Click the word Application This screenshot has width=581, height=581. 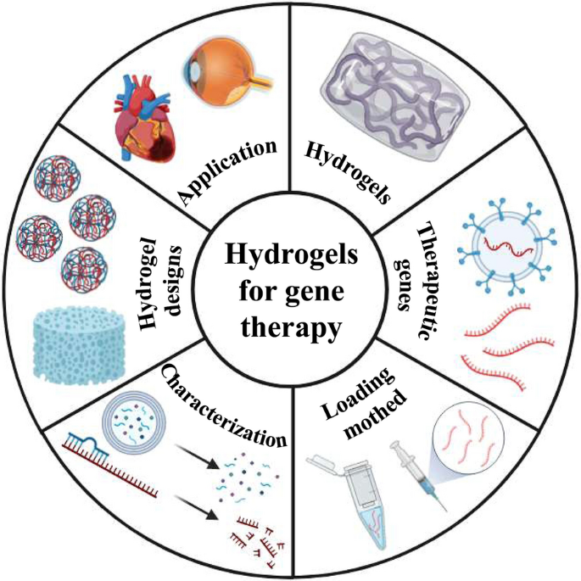[x=230, y=170]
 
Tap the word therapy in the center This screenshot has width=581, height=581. [x=290, y=327]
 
